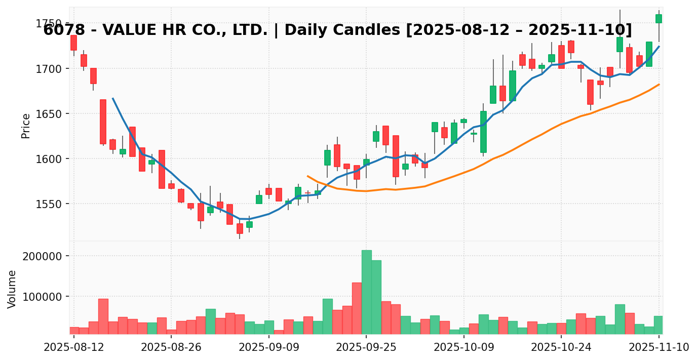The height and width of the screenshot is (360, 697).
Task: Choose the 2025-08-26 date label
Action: pyautogui.click(x=171, y=347)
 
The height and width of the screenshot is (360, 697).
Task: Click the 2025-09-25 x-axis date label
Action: pyautogui.click(x=366, y=347)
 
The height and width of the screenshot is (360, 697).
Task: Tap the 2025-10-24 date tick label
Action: pyautogui.click(x=561, y=347)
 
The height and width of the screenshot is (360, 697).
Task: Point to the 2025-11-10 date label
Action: pyautogui.click(x=659, y=347)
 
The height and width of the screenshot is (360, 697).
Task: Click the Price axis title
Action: pyautogui.click(x=26, y=126)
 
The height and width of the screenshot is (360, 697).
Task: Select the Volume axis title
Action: pyautogui.click(x=12, y=289)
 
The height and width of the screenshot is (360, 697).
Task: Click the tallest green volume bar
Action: pyautogui.click(x=366, y=292)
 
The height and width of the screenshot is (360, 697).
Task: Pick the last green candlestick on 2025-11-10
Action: pyautogui.click(x=659, y=19)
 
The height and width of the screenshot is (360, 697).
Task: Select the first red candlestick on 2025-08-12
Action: pyautogui.click(x=74, y=43)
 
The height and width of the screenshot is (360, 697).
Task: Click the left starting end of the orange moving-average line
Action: pyautogui.click(x=307, y=176)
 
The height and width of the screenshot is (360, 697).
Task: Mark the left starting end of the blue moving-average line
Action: pyautogui.click(x=112, y=98)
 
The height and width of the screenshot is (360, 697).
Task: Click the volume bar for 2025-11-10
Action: pyautogui.click(x=659, y=325)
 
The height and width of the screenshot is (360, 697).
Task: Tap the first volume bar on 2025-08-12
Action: pyautogui.click(x=74, y=331)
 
